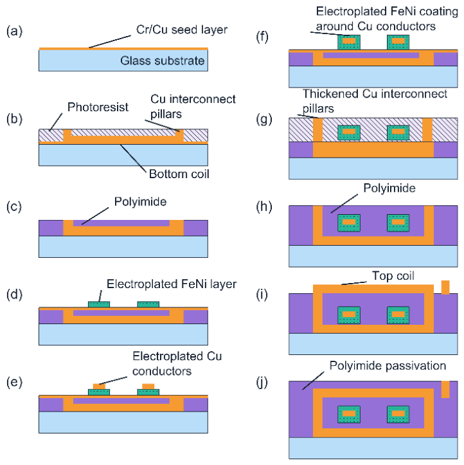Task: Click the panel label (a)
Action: pos(14,31)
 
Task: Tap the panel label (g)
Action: pos(264,119)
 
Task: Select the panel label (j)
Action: pos(262,382)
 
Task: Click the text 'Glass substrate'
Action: pos(163,61)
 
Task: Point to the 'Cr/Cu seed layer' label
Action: pos(182,30)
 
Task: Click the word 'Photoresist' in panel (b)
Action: pos(98,107)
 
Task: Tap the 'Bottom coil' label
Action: pos(179,174)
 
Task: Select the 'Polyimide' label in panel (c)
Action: pos(141,202)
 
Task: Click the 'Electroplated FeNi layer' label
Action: pos(172,284)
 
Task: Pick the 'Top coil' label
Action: pos(393,276)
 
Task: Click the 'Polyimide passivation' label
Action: pos(388,366)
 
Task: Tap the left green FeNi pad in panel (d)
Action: pos(99,304)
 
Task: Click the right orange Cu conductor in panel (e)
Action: pos(148,387)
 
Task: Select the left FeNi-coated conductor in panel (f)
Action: pos(349,42)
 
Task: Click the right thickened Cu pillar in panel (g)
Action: pos(427,130)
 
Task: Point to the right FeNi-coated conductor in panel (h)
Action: pos(398,223)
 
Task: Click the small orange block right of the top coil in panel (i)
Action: pos(445,287)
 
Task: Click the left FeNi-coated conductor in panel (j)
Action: pos(349,414)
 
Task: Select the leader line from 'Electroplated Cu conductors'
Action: pos(113,381)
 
